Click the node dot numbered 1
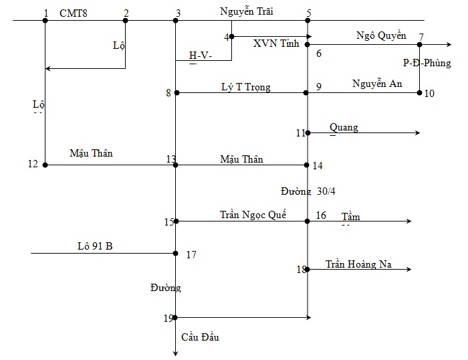(45, 20)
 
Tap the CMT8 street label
(74, 13)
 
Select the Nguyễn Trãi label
(247, 11)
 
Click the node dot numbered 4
(231, 36)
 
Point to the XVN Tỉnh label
(276, 43)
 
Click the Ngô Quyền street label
(381, 35)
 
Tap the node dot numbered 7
(419, 45)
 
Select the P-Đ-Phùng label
(427, 63)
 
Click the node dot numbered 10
(419, 92)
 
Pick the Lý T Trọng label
(246, 87)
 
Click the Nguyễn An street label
(377, 84)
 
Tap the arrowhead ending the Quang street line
(418, 132)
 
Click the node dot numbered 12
(45, 165)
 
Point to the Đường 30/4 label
(308, 191)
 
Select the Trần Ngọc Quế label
(253, 215)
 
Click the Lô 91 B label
(95, 246)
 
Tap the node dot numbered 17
(175, 254)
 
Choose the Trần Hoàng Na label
(358, 264)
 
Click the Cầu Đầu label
(200, 337)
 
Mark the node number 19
(168, 319)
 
